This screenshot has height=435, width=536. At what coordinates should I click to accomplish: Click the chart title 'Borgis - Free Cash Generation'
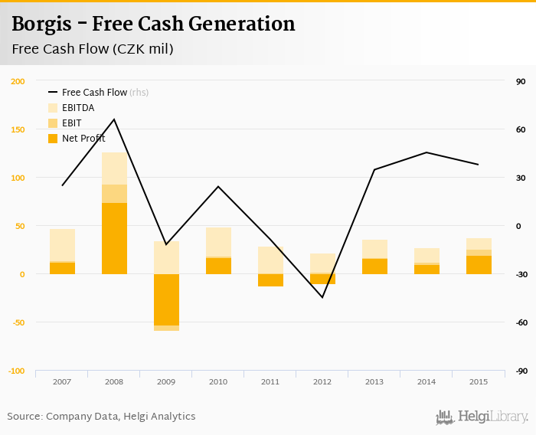153,25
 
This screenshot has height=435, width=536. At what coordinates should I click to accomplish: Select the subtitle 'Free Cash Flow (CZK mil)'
92,50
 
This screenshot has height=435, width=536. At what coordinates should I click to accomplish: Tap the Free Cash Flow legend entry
94,93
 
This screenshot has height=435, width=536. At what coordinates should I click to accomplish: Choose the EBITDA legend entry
78,108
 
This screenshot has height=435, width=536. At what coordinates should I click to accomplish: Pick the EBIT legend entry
72,123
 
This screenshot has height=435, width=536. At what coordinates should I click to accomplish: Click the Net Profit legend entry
83,139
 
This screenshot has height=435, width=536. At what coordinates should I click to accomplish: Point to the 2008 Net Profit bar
114,238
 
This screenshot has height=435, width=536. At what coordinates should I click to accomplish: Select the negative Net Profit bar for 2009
166,299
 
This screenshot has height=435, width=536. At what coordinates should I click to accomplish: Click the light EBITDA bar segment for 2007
62,245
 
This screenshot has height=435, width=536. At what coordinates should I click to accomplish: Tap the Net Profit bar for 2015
479,265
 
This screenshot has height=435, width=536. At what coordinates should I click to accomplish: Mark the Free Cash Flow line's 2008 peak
114,119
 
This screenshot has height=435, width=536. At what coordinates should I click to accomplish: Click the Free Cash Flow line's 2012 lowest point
322,297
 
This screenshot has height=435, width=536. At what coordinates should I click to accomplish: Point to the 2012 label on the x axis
322,381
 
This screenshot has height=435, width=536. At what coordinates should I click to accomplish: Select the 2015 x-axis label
479,381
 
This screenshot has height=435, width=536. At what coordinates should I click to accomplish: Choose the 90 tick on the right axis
520,81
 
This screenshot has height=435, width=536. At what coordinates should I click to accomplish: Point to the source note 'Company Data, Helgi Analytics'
121,417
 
